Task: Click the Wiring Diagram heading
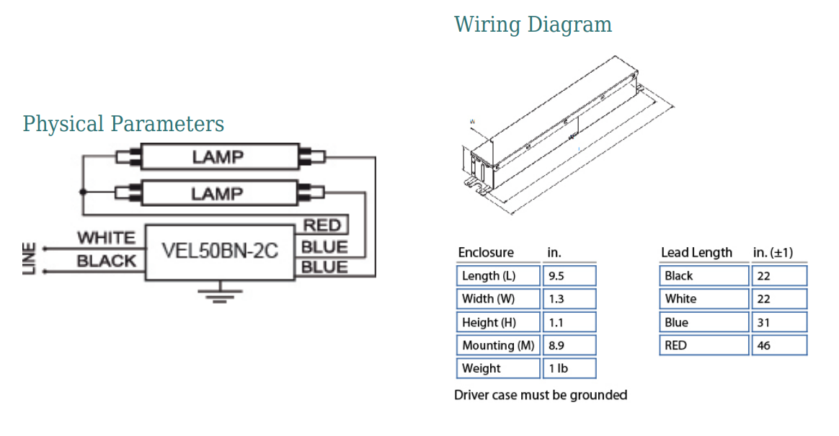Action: (533, 25)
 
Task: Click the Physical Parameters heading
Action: (123, 124)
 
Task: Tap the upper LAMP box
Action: (218, 156)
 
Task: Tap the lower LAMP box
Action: (218, 193)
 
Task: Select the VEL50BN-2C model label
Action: (220, 251)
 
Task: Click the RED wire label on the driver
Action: (321, 226)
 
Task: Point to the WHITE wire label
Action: (106, 238)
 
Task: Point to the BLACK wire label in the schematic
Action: (106, 261)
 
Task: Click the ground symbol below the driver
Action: (220, 294)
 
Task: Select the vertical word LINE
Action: (30, 259)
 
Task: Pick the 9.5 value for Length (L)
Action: (569, 276)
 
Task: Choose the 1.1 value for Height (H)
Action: (569, 322)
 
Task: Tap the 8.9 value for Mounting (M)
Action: (569, 345)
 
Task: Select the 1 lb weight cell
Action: (569, 368)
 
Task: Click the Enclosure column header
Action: (486, 253)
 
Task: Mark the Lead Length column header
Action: (696, 253)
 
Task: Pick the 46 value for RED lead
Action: (779, 345)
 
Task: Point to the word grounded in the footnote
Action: (598, 395)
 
